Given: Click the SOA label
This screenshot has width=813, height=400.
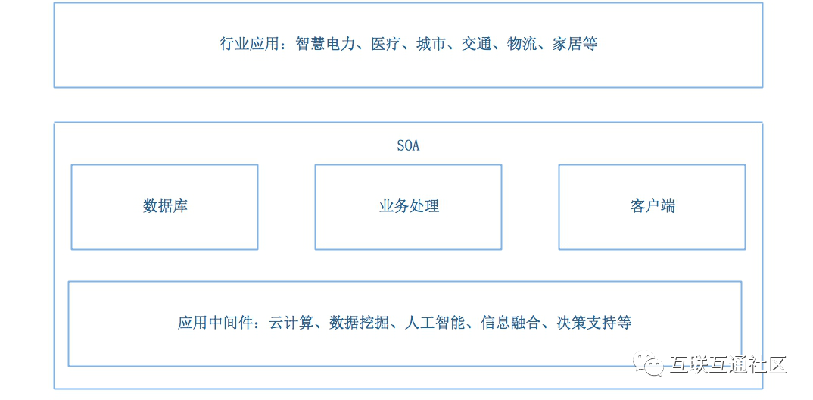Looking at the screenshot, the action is click(x=408, y=146).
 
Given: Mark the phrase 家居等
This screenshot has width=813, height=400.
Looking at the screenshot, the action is click(x=575, y=44).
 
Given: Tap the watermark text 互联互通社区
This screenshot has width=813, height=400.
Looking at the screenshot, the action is click(x=728, y=365).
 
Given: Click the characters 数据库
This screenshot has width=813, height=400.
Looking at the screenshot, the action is click(x=165, y=206).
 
